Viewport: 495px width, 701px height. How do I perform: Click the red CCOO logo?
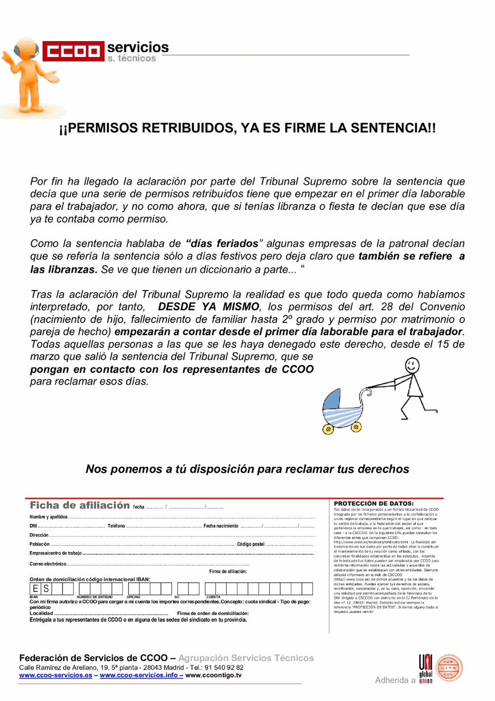(x=73, y=51)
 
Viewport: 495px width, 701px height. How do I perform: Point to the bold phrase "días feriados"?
(x=222, y=244)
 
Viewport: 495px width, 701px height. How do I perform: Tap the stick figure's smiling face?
(x=412, y=366)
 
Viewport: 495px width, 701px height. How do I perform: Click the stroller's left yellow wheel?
(x=328, y=429)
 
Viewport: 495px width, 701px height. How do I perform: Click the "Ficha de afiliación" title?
(x=80, y=505)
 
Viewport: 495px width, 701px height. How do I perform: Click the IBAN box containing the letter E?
(x=35, y=589)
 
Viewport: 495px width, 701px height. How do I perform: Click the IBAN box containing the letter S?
(x=46, y=589)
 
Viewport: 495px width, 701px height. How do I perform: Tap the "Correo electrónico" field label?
(x=48, y=564)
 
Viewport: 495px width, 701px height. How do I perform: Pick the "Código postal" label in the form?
(x=250, y=544)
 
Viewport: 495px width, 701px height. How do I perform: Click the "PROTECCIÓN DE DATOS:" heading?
(x=374, y=503)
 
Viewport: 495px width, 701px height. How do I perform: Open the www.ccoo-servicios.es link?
(x=55, y=675)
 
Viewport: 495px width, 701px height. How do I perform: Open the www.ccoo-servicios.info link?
(x=139, y=675)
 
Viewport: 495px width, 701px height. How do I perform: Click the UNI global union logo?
(x=426, y=669)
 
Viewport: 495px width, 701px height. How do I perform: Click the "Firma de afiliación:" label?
(x=228, y=571)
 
